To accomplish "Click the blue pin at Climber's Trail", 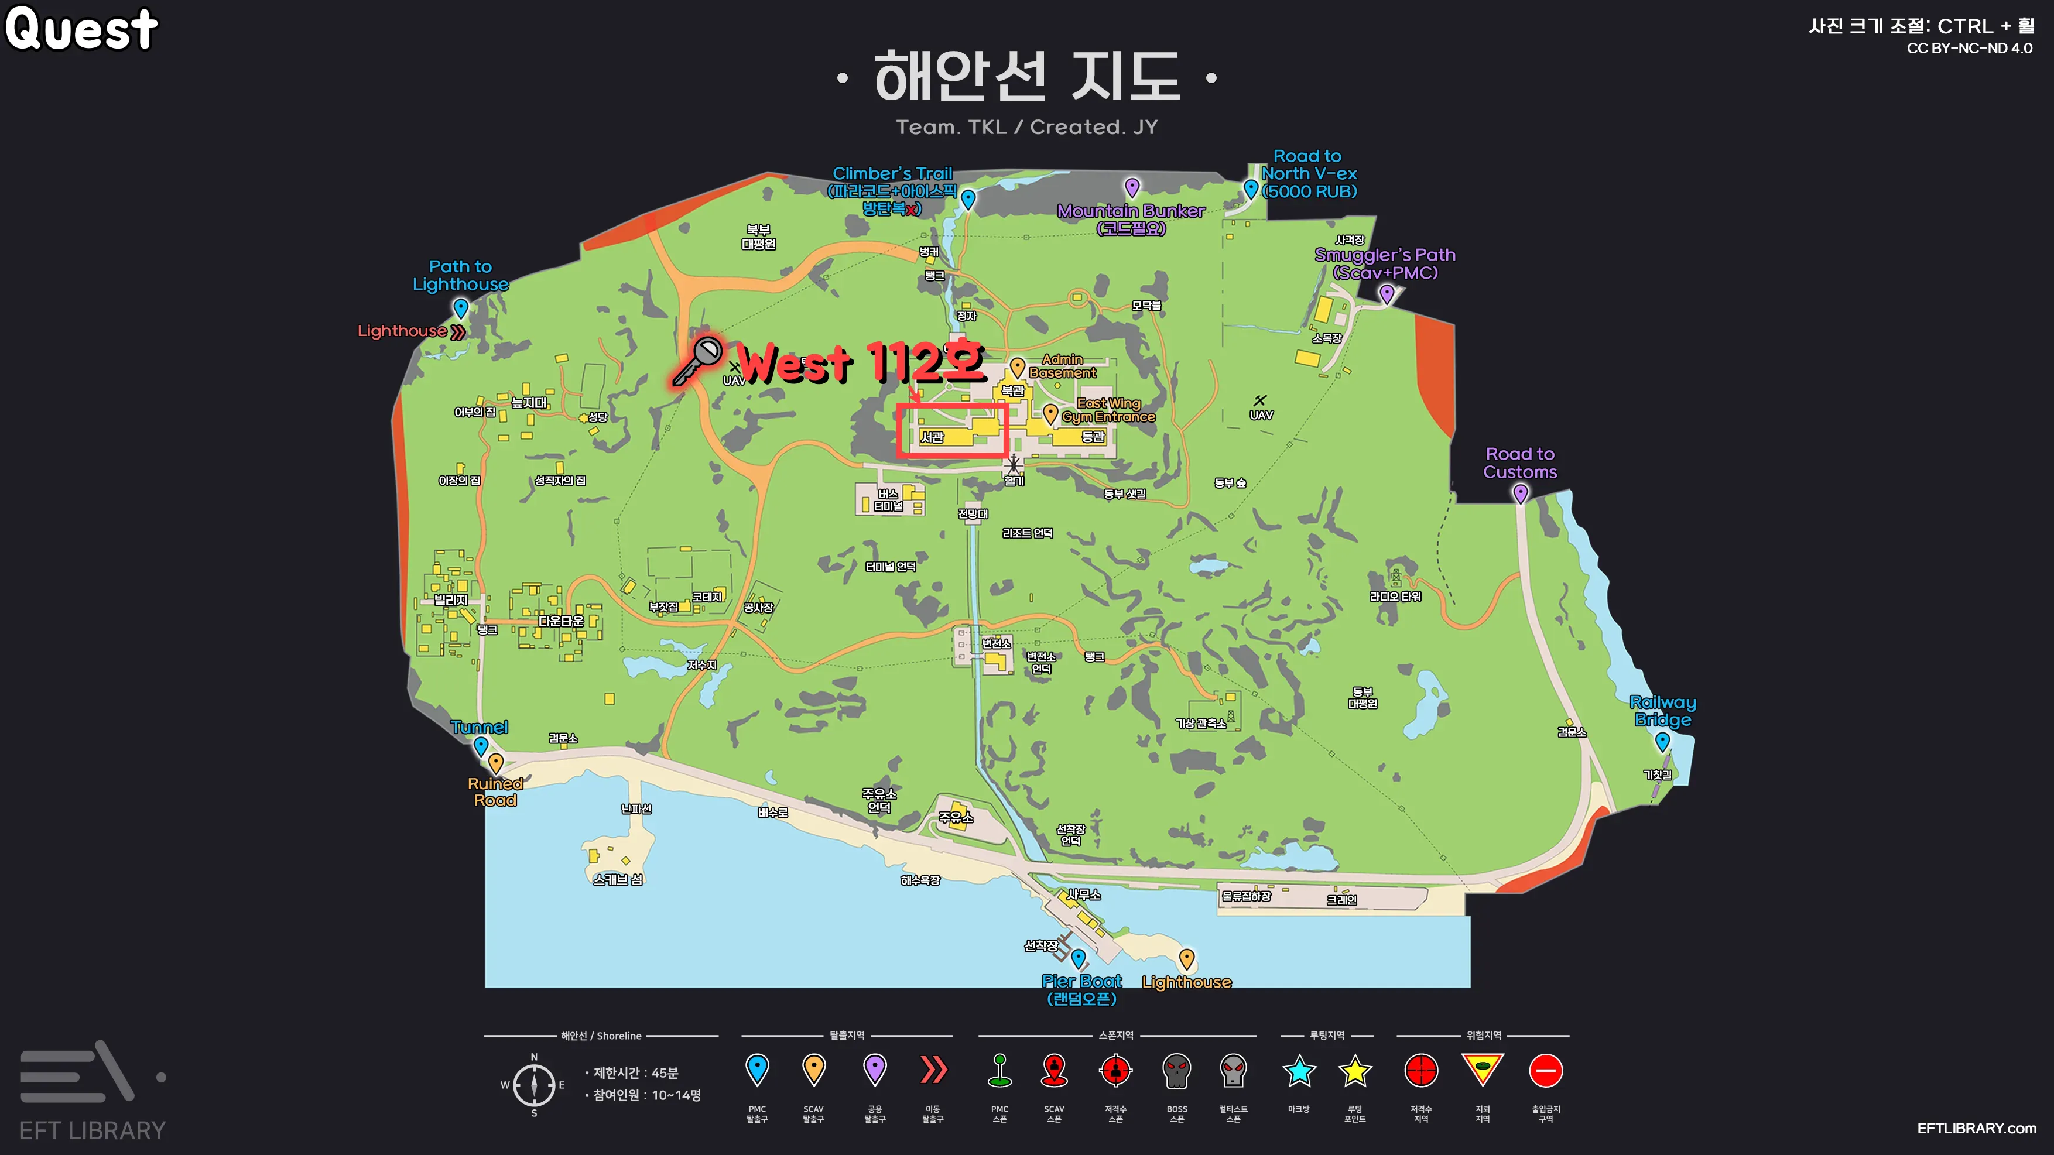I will [968, 198].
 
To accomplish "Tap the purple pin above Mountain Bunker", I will [1132, 187].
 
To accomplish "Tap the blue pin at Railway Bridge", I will [1662, 741].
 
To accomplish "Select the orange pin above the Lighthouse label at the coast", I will [1186, 957].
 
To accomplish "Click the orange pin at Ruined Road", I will [496, 762].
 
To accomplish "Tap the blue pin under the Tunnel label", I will [481, 745].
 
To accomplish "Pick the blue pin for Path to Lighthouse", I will [461, 307].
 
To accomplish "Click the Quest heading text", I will [81, 29].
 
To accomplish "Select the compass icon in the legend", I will [533, 1084].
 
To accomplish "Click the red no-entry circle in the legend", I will [1545, 1071].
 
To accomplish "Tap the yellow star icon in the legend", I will [1355, 1071].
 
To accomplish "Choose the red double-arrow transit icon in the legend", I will [933, 1070].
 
